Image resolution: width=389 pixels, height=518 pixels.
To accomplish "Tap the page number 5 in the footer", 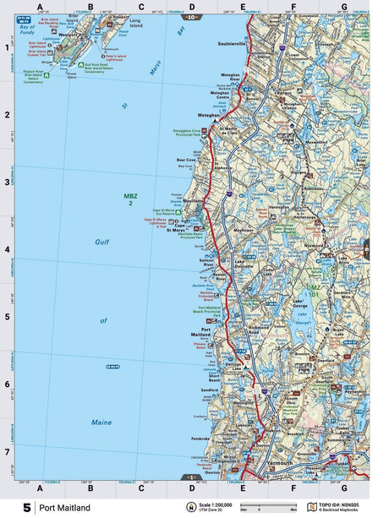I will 27,508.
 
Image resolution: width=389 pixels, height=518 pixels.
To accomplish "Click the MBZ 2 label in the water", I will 131,199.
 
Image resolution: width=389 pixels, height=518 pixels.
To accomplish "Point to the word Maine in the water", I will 101,422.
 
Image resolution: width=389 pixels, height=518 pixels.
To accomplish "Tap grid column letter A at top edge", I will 40,7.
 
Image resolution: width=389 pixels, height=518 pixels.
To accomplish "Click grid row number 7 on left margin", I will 8,452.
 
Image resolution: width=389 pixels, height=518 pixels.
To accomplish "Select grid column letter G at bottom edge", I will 344,488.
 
